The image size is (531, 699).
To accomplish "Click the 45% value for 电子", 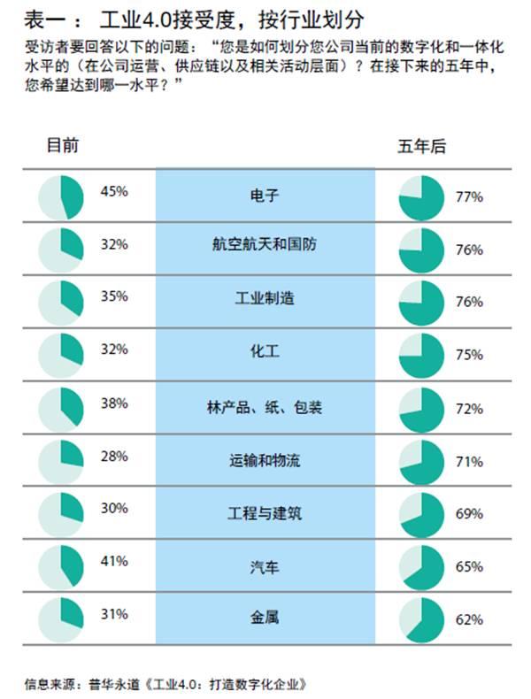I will (x=114, y=190).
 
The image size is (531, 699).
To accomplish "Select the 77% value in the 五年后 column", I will (x=469, y=197).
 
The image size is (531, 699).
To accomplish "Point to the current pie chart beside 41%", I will (x=62, y=566).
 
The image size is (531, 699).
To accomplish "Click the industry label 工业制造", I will (x=264, y=298).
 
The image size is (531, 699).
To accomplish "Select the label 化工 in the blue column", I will (x=265, y=351).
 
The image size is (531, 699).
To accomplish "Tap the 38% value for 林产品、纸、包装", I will (x=114, y=403).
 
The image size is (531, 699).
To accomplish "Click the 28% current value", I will (x=114, y=456).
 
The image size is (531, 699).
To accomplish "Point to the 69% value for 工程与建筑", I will (x=469, y=514).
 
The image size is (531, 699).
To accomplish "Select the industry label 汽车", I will (x=265, y=566).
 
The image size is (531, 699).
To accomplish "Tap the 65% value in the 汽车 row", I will (x=469, y=566).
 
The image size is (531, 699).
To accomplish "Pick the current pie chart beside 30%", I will (x=62, y=513).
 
